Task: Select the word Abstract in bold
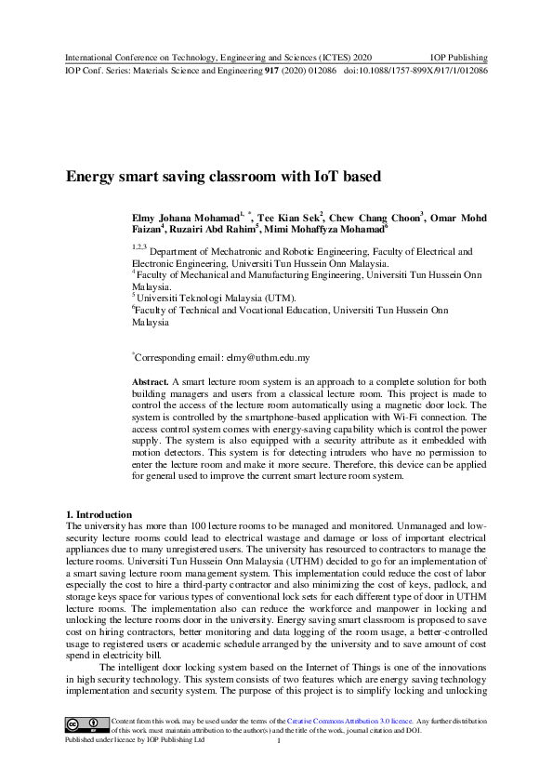click(151, 382)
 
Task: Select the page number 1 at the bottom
click(278, 739)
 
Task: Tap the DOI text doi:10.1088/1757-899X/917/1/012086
click(415, 70)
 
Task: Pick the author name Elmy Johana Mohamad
click(184, 217)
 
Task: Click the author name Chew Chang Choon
click(374, 217)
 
